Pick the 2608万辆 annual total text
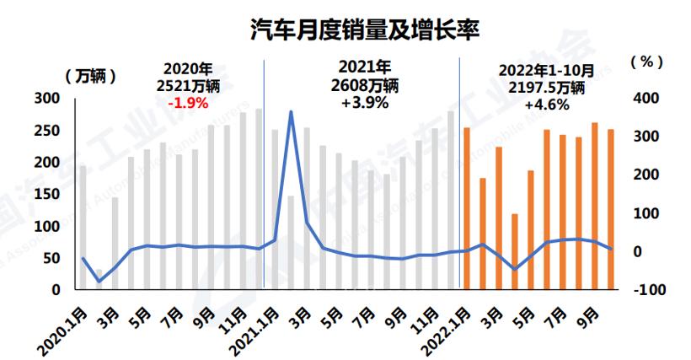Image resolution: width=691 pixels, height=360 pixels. [363, 85]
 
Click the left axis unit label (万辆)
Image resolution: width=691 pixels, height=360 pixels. [90, 75]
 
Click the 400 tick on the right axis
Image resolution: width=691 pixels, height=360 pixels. [645, 99]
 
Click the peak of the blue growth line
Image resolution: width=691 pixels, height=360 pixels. [291, 111]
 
